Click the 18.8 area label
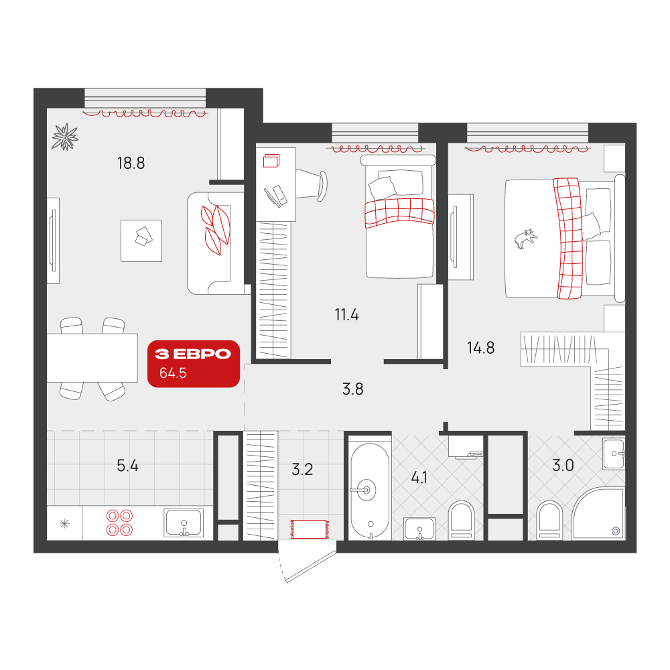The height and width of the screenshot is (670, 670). coord(131,163)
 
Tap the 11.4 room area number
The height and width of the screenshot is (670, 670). coord(346,315)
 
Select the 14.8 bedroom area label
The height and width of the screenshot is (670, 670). coord(480,348)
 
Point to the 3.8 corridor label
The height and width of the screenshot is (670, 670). coord(352,389)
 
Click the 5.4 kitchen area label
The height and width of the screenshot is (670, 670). coord(127,466)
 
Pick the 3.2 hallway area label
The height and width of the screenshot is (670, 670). coord(302,470)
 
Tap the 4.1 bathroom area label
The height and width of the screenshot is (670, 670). coord(419,478)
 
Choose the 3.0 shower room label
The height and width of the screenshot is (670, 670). coord(563,466)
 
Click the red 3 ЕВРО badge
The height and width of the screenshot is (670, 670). coord(194,364)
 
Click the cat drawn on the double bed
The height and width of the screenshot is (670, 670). coord(526,239)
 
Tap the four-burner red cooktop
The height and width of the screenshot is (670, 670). coord(119,523)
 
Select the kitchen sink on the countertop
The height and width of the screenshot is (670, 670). coord(184,523)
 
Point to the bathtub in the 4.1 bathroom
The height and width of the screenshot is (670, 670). coord(370,491)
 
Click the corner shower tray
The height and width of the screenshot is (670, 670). coord(598,514)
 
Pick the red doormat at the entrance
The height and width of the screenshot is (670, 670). coord(308,529)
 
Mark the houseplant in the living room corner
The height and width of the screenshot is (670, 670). coord(65,137)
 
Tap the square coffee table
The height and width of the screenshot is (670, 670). coord(141,241)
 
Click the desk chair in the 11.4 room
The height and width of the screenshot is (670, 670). coord(312,186)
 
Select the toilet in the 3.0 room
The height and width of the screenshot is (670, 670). coord(549,521)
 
